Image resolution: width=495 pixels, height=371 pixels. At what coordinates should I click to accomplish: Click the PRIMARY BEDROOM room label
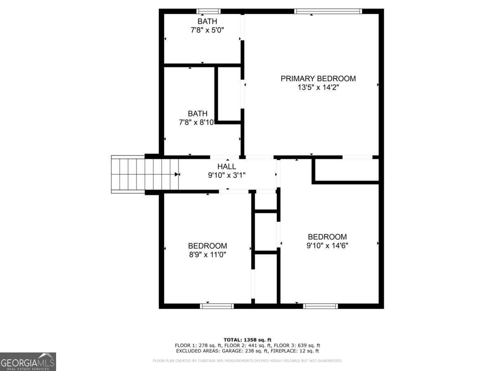pos(318,78)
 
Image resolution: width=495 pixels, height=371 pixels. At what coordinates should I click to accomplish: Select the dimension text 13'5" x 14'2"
pos(318,87)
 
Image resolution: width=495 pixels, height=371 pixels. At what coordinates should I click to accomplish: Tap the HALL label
pos(227,167)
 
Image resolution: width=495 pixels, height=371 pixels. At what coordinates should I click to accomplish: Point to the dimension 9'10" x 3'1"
pos(227,175)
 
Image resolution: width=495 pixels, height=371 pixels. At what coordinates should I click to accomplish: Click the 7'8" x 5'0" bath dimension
pos(207,30)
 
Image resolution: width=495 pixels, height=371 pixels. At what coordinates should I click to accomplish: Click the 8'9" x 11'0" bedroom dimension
pos(207,254)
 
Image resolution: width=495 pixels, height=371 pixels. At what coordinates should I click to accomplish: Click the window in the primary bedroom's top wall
pos(328,12)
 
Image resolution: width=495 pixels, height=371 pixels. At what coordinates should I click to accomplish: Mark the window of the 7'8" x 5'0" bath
pos(208,12)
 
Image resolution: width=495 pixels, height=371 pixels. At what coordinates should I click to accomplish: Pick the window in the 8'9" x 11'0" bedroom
pos(217,306)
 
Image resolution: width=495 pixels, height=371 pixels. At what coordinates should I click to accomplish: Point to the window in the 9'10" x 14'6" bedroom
pos(321,306)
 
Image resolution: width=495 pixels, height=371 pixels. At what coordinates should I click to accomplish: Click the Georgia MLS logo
pos(28,362)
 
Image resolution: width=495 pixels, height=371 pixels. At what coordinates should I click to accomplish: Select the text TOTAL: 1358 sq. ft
pos(247,340)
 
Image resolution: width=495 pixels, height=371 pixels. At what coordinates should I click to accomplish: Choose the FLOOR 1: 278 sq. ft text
pos(198,345)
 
